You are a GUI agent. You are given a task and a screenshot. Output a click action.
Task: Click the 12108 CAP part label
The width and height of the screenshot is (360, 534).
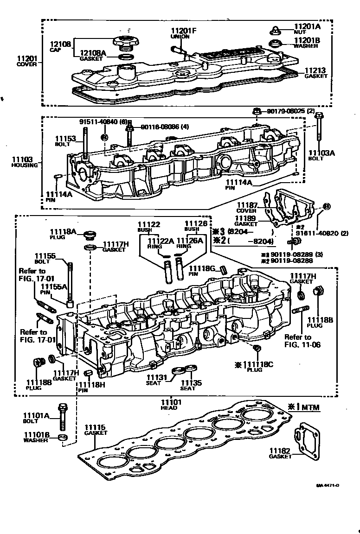(x=60, y=46)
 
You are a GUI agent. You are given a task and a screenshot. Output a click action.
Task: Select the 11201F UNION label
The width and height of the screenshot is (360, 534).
(x=184, y=33)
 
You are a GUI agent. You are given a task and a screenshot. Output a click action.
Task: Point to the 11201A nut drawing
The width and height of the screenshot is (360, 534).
(x=274, y=31)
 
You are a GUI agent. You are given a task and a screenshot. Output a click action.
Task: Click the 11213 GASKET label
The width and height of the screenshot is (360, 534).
(x=315, y=73)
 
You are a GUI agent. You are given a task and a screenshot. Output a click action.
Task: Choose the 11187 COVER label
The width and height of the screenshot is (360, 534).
(x=247, y=207)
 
